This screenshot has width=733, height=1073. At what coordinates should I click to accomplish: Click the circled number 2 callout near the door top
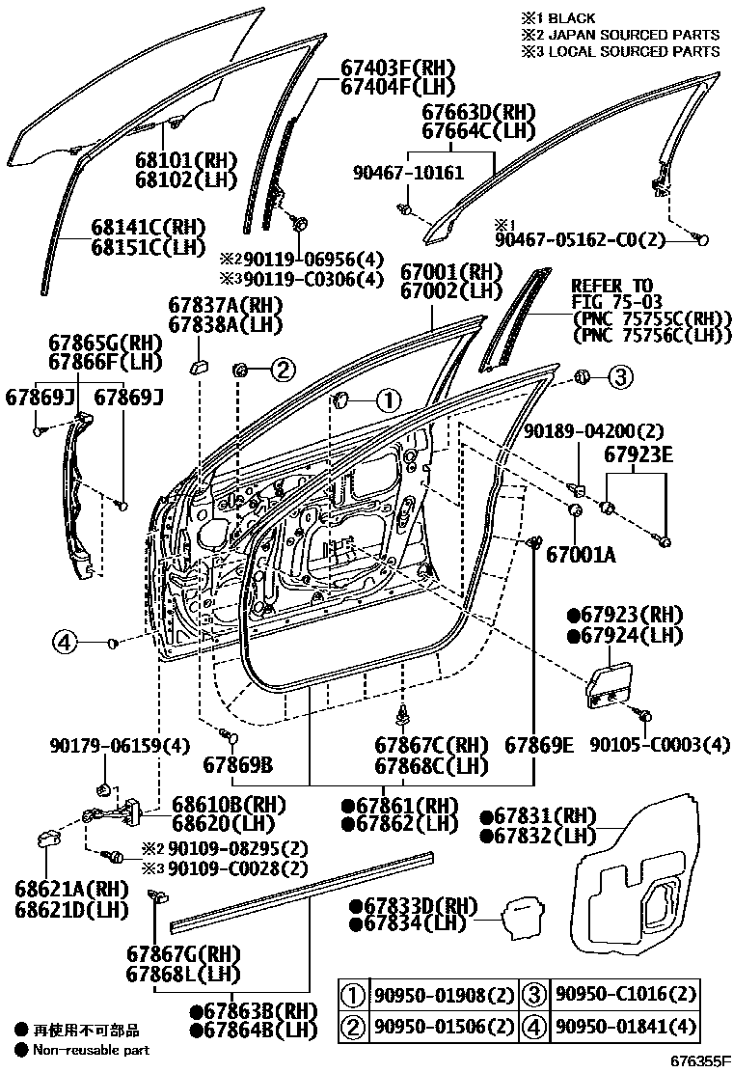tap(280, 368)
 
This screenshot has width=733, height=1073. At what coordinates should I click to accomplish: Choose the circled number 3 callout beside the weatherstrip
tap(619, 376)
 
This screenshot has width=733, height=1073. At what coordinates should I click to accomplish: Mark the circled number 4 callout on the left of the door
tap(65, 641)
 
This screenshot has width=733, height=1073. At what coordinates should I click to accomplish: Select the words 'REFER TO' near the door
tap(611, 286)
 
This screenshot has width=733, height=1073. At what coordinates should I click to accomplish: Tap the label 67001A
tap(580, 556)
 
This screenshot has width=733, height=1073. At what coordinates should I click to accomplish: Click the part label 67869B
tap(237, 765)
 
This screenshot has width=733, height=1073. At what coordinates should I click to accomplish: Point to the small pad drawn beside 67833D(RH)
tap(522, 914)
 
